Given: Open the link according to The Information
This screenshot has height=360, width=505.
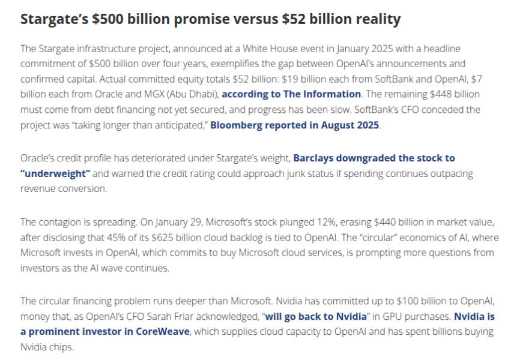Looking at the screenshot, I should tap(291, 94).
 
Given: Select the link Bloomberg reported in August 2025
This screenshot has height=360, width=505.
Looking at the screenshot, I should tap(295, 125).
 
